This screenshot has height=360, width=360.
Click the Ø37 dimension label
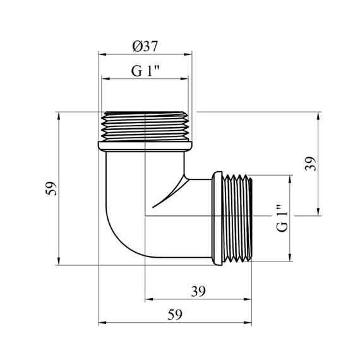pos(145,46)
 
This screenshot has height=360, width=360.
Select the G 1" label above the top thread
pos(145,71)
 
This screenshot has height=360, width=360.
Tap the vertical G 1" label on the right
pos(282,218)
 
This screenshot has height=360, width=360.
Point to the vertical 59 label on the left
pos(51,188)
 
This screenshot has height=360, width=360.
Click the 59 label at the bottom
pos(175,315)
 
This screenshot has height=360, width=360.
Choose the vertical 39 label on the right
pos(310,164)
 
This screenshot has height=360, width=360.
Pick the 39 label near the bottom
pos(198,292)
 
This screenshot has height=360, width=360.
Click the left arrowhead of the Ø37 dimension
pos(102,54)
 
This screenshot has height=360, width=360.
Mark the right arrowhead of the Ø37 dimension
pos(188,54)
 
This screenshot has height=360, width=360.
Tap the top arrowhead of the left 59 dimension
pos(59,116)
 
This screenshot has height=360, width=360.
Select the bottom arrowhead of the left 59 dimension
pos(59,261)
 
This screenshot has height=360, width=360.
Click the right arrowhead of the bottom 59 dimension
pos(248,323)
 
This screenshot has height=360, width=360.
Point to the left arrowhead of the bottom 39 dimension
pos(150,299)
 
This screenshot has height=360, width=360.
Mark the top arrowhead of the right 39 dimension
pos(318,116)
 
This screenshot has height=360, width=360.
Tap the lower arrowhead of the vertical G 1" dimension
pos(290,257)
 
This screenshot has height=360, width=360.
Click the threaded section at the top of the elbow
pos(145,126)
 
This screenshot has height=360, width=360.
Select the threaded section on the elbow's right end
pos(237,218)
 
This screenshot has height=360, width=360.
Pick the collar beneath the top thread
pos(145,147)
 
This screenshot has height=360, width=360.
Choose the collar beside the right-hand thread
pos(217,219)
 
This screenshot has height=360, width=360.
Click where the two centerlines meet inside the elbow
pos(145,216)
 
